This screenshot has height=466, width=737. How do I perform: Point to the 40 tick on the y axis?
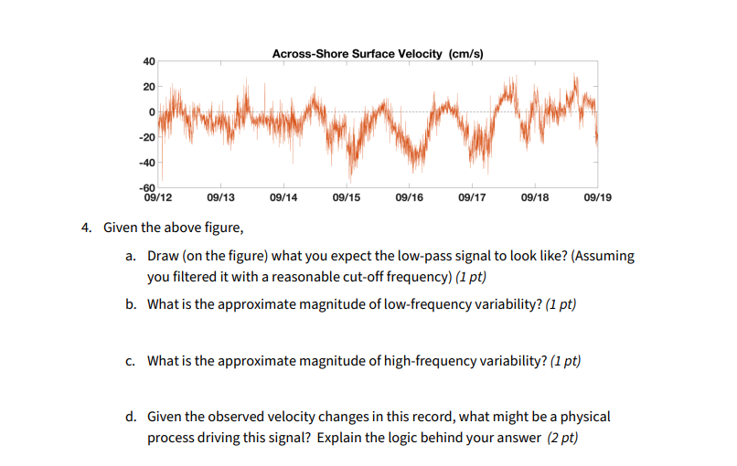(149, 61)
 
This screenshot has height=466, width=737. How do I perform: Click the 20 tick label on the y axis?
(149, 86)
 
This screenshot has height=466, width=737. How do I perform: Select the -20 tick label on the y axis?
(147, 137)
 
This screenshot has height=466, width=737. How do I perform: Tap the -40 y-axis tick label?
(147, 163)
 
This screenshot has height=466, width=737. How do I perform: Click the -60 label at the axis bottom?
(147, 187)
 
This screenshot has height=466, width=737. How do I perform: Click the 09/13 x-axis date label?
(221, 196)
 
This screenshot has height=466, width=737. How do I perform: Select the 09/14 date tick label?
(283, 196)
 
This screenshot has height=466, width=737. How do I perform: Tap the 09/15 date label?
(347, 196)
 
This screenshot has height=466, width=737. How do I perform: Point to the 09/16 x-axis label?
(409, 196)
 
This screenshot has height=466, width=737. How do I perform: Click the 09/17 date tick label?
(472, 196)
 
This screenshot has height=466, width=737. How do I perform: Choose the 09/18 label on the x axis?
(534, 196)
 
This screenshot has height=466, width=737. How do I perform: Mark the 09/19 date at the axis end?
(596, 196)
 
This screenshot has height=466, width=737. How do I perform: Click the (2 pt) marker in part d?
(562, 438)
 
